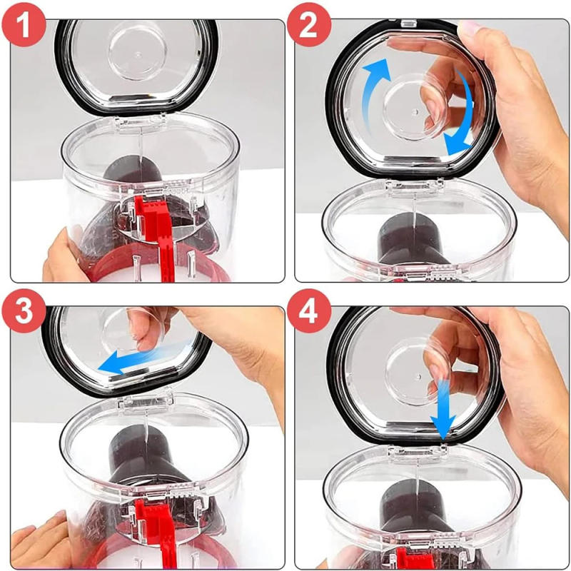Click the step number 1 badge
coord(24,24)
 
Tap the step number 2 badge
coord(309,24)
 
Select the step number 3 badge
coord(24,310)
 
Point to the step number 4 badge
coord(309,310)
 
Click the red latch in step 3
coord(156,532)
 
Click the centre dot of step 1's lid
coord(138,55)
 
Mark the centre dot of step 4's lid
coord(418,376)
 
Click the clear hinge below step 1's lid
coord(140,122)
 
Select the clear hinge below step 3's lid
coord(145,403)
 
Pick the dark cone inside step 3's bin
coord(146,455)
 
